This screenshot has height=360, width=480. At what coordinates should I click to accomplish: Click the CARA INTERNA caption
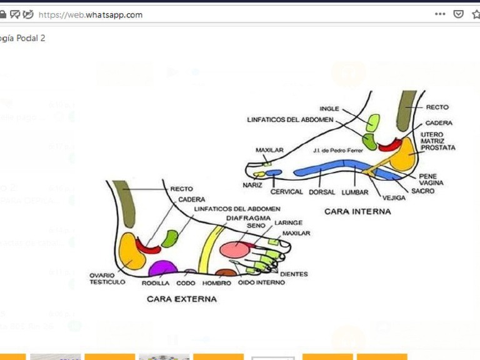[357, 212]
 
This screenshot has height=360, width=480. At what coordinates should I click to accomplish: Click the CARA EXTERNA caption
[182, 299]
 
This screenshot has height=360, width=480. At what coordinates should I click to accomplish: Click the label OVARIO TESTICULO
[107, 279]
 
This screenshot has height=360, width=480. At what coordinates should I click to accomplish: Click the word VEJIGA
[394, 197]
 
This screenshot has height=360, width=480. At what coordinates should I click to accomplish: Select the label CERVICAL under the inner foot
[287, 192]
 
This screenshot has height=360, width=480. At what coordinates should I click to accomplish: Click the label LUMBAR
[355, 192]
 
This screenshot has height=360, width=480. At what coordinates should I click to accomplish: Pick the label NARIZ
[252, 185]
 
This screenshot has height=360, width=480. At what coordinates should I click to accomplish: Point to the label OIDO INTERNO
[262, 282]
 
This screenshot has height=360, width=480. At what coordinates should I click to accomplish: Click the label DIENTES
[293, 274]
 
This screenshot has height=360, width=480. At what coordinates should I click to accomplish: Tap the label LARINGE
[288, 222]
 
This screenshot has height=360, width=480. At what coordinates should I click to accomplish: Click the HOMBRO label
[216, 282]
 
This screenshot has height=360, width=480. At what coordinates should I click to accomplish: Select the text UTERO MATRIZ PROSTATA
[437, 141]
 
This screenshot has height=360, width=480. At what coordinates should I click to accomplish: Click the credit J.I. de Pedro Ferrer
[335, 151]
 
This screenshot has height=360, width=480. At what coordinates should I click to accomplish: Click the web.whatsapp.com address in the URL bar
[90, 14]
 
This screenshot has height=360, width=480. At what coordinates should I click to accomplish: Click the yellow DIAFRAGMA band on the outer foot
[209, 249]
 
